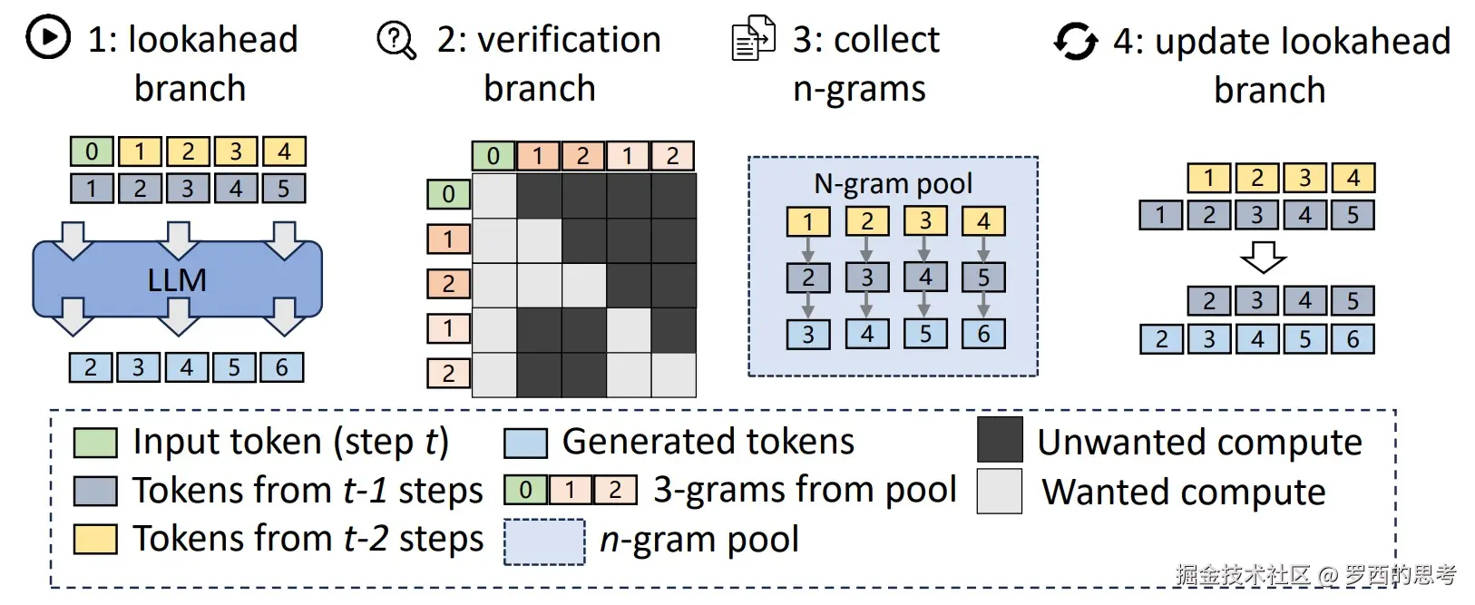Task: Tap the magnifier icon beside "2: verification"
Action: pos(396,39)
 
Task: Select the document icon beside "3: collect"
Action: pos(753,39)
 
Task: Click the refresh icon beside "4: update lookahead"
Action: pos(1076,41)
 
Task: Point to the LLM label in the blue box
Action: pos(177,280)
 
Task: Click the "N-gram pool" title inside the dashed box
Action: pos(893,184)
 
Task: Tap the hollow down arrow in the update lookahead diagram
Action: pos(1263,257)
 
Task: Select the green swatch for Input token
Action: pos(95,443)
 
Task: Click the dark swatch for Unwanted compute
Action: pos(1000,440)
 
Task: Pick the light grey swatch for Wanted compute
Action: pos(1000,491)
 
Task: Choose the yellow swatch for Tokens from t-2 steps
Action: pos(95,539)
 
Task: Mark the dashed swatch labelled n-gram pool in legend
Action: pos(543,542)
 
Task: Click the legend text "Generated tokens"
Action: pos(708,442)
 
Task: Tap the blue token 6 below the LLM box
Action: pos(281,367)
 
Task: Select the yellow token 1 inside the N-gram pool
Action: pos(807,220)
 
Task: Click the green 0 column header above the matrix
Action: pos(493,156)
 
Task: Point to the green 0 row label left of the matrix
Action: pos(448,194)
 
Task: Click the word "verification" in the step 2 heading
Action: pos(569,40)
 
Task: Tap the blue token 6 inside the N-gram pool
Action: pos(983,334)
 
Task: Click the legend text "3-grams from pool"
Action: pos(805,490)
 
